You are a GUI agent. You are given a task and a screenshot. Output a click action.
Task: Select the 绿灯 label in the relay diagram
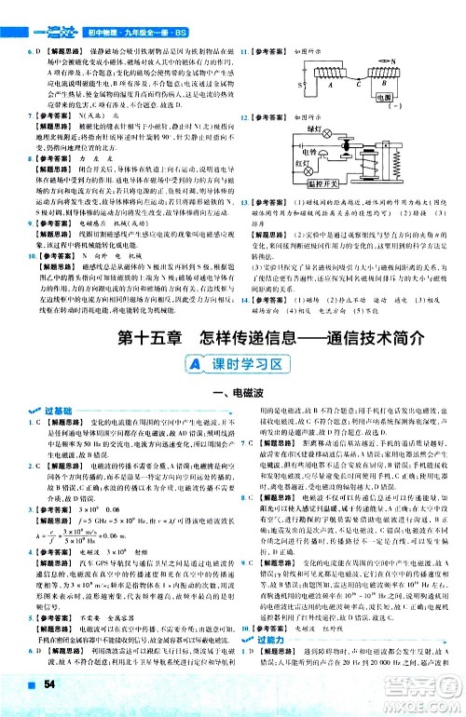[313, 129]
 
